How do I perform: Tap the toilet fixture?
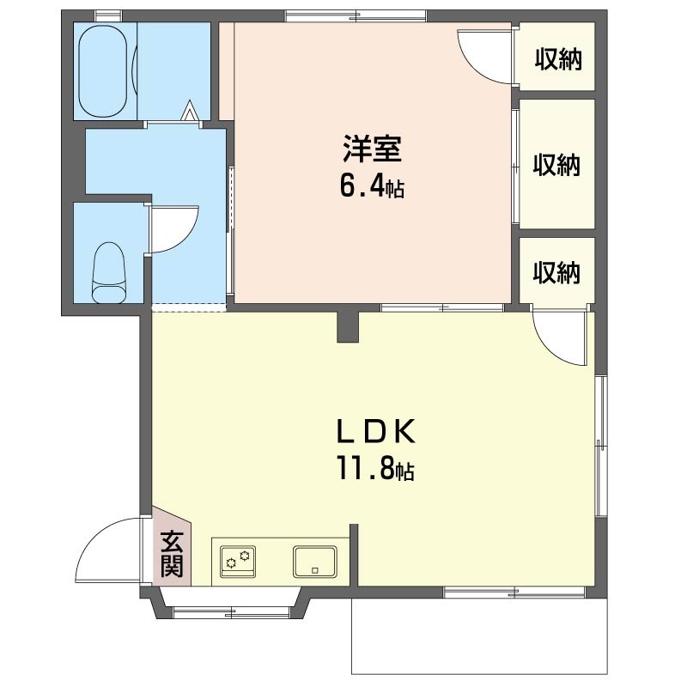[x=109, y=272]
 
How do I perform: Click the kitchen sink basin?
[x=315, y=562]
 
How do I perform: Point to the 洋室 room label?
[x=372, y=149]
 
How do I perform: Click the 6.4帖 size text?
[x=372, y=186]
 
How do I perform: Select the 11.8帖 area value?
[x=374, y=470]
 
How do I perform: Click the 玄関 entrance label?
[x=172, y=554]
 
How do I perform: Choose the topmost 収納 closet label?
[x=557, y=59]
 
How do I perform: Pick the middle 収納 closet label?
[x=557, y=165]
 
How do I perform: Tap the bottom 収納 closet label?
[x=557, y=272]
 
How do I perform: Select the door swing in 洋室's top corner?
[x=483, y=55]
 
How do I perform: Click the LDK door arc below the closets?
[x=561, y=337]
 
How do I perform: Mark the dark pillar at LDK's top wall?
[x=348, y=325]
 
